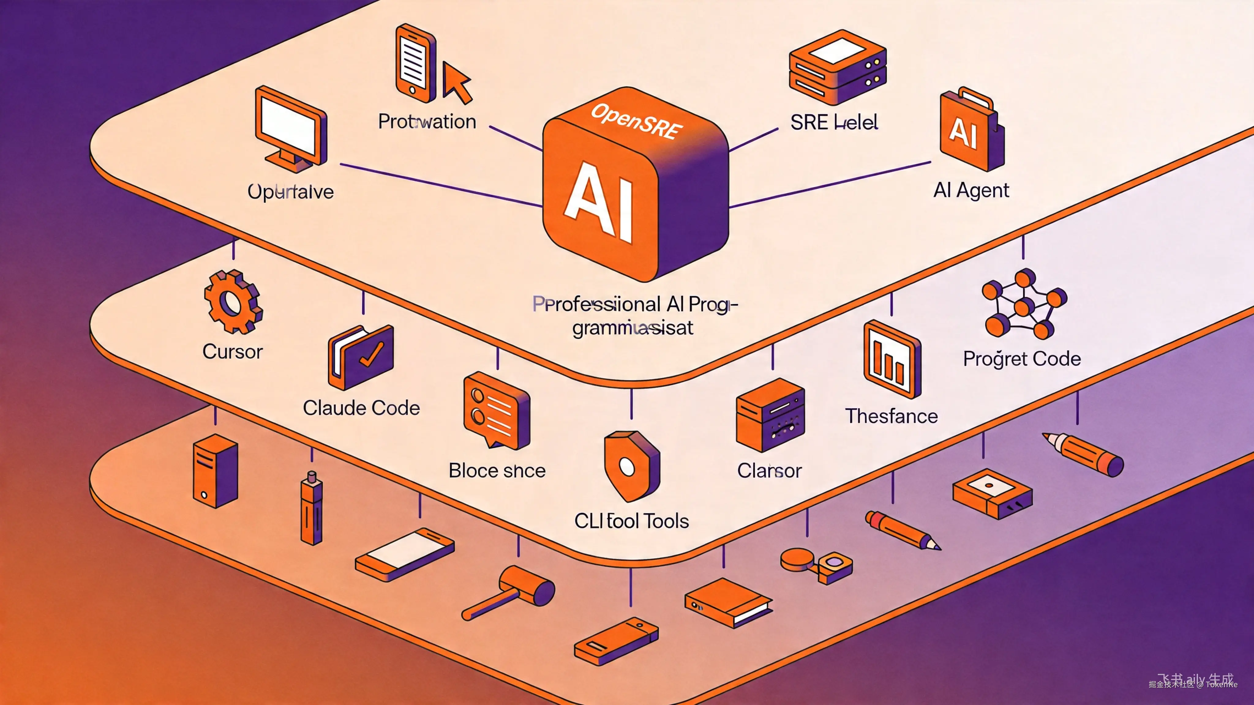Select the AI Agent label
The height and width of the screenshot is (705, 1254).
[971, 190]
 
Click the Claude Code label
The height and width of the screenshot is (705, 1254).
[361, 408]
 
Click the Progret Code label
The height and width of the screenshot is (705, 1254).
[1022, 359]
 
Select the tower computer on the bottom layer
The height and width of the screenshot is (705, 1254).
[216, 471]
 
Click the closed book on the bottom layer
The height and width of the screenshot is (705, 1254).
[728, 602]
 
